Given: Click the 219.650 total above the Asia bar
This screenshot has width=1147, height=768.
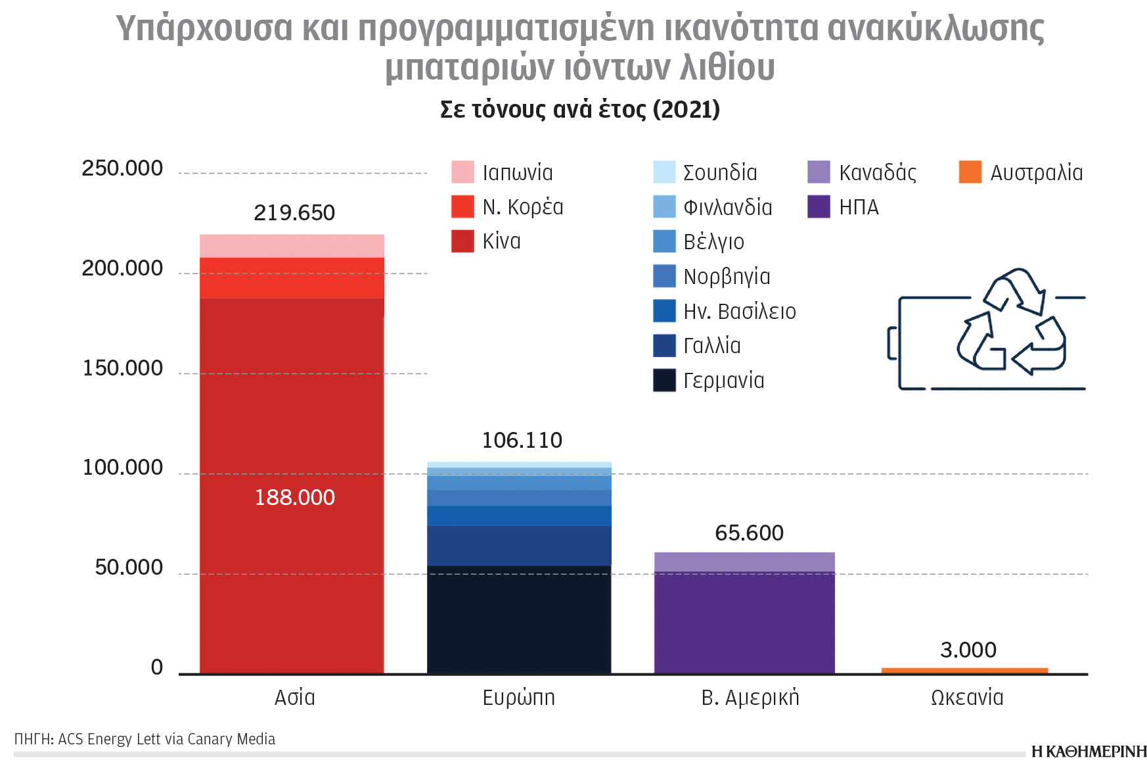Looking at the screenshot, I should point(294,212).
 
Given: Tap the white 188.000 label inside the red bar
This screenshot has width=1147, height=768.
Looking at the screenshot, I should point(294,497).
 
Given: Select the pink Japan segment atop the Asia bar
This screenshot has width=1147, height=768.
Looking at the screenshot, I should point(292,246).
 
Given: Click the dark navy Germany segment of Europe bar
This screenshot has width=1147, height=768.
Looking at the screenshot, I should point(519,619).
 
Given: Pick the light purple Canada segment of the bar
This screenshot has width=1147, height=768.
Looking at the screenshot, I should point(744,562).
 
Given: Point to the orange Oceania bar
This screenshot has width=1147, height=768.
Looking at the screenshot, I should point(964,671).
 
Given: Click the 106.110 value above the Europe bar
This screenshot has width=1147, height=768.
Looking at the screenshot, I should point(522,440).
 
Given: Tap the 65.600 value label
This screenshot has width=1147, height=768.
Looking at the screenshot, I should point(749,533).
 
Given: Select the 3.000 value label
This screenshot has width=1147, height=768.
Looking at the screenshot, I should point(968,650).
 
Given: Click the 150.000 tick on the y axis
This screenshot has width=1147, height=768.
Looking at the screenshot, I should point(123,368).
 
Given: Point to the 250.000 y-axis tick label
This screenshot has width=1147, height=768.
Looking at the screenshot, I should point(123,168).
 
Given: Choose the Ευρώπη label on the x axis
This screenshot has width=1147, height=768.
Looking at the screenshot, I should point(518,697).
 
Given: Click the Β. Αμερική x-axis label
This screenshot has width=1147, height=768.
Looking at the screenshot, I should point(750,697).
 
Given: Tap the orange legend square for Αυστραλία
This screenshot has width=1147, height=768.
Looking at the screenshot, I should point(970,172).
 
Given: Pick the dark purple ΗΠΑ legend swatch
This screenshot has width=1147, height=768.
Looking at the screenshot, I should point(819,207).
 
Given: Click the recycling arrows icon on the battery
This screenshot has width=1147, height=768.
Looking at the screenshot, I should point(1012,322).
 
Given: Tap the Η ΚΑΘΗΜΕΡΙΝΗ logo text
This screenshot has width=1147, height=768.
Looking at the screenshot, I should point(1089,752).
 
